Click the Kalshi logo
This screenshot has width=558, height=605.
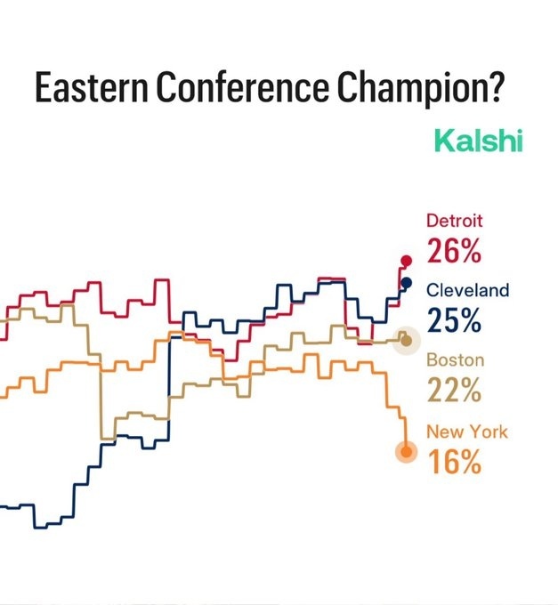click(x=477, y=141)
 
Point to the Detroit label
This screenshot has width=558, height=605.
click(x=455, y=220)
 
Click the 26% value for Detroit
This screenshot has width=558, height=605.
click(x=454, y=251)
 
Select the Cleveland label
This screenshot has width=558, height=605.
click(x=468, y=290)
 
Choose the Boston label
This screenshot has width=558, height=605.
click(x=455, y=360)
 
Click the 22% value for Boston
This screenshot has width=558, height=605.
click(x=454, y=390)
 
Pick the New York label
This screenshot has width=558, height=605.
click(x=467, y=432)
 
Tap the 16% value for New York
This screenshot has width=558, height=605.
click(x=454, y=462)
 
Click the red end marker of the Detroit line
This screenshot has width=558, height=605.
click(x=407, y=261)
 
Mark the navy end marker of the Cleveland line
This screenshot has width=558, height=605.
click(x=406, y=283)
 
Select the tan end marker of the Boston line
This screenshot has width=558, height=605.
click(x=407, y=340)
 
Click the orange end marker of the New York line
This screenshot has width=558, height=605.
click(x=407, y=452)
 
